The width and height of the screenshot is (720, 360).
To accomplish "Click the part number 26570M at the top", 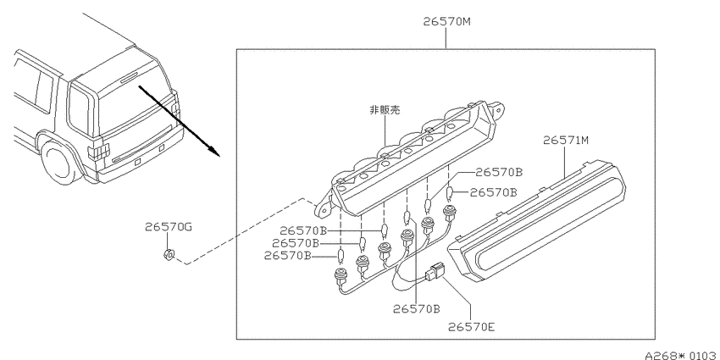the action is click(446, 21).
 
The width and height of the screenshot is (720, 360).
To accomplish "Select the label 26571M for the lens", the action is click(565, 140).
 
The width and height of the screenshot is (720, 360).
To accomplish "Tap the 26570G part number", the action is click(168, 226).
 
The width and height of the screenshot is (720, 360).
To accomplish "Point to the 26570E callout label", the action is click(472, 327).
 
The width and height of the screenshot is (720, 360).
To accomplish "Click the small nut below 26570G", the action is click(168, 254).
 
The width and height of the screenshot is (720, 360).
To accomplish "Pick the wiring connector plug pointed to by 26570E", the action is click(435, 271).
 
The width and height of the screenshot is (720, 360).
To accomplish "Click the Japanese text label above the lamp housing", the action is click(385, 110).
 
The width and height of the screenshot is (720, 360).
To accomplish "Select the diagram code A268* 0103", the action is click(681, 354).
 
